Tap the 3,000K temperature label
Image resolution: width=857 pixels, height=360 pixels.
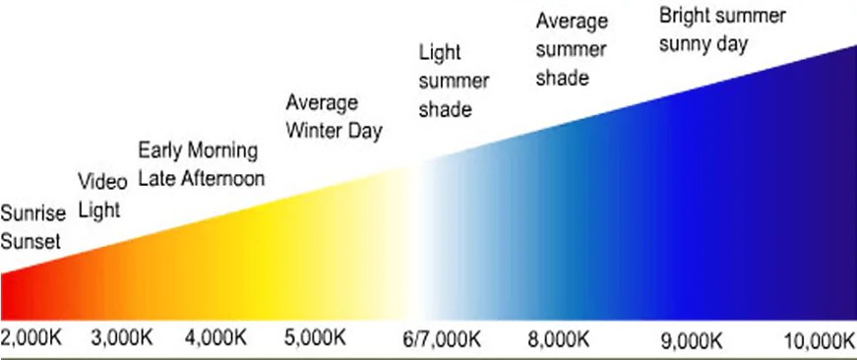pyautogui.click(x=121, y=338)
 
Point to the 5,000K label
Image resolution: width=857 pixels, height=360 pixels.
pyautogui.click(x=315, y=338)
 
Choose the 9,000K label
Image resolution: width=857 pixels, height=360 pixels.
pyautogui.click(x=693, y=340)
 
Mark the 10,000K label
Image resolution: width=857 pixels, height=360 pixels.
pyautogui.click(x=819, y=340)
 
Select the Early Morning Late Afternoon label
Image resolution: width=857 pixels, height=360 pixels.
pyautogui.click(x=201, y=164)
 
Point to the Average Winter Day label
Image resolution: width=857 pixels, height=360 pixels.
pyautogui.click(x=334, y=116)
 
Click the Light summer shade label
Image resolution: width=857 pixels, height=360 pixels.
pyautogui.click(x=445, y=80)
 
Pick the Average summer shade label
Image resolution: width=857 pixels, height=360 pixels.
pyautogui.click(x=571, y=49)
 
